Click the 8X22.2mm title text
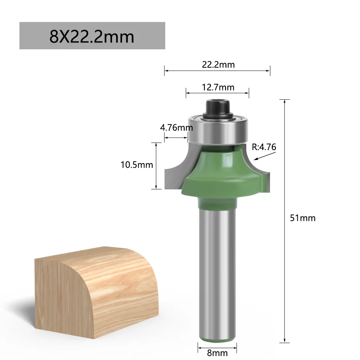[x=92, y=37]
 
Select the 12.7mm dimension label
[x=217, y=87]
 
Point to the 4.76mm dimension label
[x=176, y=127]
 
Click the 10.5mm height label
[x=137, y=165]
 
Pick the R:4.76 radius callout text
[x=264, y=147]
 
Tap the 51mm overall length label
[x=302, y=218]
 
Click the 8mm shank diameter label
[x=217, y=353]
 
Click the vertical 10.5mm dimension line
[x=156, y=166]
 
